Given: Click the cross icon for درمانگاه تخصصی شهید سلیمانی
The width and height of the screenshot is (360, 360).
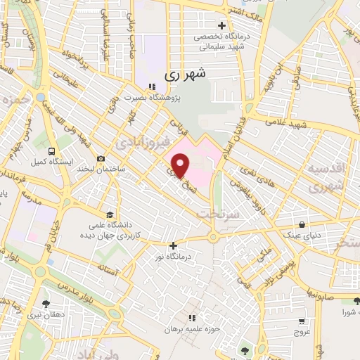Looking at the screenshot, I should (x=221, y=26).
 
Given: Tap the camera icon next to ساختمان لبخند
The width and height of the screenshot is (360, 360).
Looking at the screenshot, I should (x=103, y=159).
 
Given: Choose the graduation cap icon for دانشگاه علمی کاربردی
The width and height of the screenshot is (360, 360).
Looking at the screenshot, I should (x=109, y=214).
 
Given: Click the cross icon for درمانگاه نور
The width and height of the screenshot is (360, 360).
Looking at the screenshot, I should (x=173, y=245).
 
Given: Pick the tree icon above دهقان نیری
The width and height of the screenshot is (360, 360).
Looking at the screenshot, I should (x=46, y=304).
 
